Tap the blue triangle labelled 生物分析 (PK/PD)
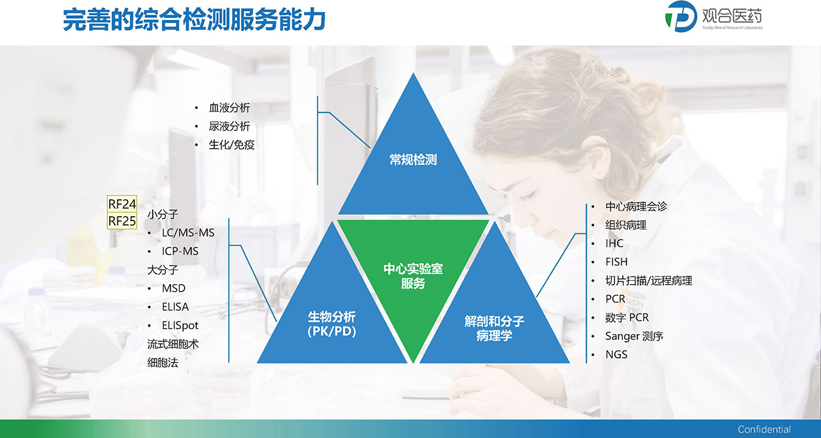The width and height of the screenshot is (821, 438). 332,316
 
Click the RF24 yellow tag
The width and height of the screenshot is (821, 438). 122,204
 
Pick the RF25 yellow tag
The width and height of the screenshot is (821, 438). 122,221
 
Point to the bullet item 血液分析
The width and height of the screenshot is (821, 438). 230,108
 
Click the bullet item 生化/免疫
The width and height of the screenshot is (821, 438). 232,145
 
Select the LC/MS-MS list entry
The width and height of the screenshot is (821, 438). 188,233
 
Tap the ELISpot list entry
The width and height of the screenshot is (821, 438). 180,326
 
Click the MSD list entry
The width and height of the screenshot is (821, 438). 174,289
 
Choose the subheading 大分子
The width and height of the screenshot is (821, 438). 163,270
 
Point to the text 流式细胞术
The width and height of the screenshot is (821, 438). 173,344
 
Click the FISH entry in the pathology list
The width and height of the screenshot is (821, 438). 616,262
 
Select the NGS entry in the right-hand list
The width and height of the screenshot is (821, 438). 616,355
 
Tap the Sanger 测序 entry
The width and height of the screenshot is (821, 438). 634,336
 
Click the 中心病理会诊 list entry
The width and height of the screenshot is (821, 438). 636,206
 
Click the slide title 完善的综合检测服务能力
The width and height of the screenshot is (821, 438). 194,20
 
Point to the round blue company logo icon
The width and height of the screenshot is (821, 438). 681,17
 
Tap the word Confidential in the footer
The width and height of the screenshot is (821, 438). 764,429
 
